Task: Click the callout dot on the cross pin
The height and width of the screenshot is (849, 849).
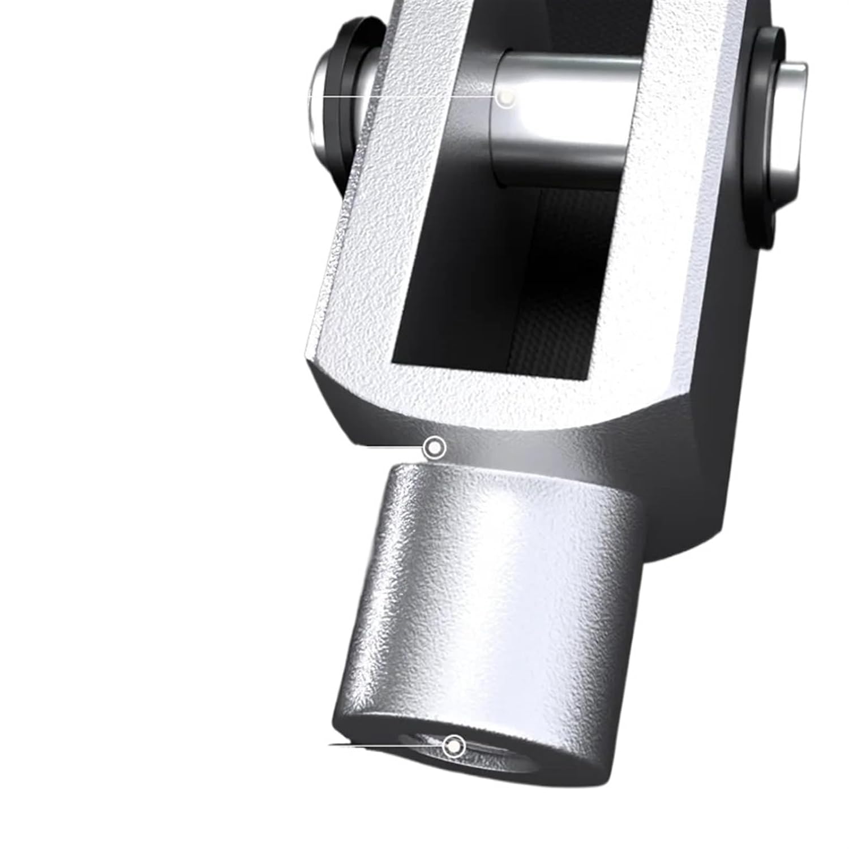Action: coord(505,99)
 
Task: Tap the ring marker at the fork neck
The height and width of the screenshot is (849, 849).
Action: coord(434,448)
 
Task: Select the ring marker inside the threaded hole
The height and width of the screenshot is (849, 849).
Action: coord(453,746)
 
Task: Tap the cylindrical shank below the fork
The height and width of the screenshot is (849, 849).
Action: coord(492,594)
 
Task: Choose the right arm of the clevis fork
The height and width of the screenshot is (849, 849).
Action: coord(668,226)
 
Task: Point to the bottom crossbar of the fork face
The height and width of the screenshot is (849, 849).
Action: coord(498,396)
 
